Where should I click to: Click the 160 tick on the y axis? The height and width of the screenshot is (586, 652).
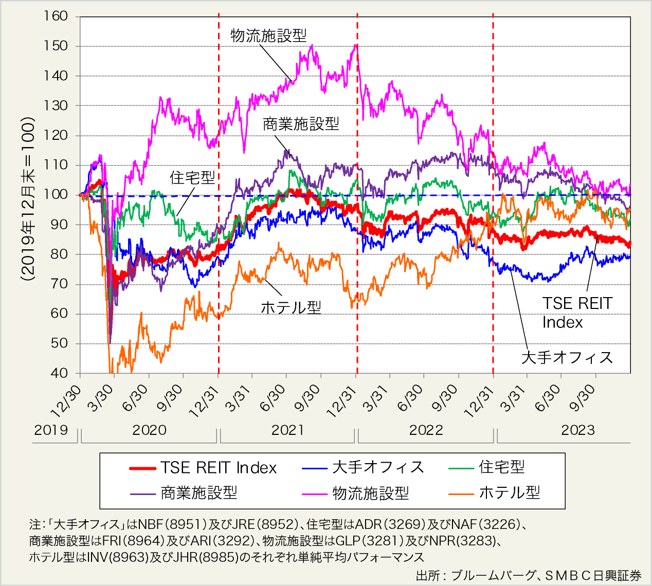pyautogui.click(x=56, y=16)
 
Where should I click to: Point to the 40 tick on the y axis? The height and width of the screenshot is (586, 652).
pyautogui.click(x=59, y=373)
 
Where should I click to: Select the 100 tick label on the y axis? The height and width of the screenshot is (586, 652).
pyautogui.click(x=56, y=195)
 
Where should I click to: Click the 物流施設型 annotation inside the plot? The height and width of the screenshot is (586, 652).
pyautogui.click(x=268, y=35)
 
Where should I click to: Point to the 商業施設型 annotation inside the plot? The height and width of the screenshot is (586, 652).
pyautogui.click(x=301, y=124)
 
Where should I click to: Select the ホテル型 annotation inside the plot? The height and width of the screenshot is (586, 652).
pyautogui.click(x=291, y=307)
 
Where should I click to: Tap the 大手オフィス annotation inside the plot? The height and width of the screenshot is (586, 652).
pyautogui.click(x=567, y=357)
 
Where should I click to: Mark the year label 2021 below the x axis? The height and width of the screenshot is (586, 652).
pyautogui.click(x=287, y=430)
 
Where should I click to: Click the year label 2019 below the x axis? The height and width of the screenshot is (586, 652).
pyautogui.click(x=51, y=430)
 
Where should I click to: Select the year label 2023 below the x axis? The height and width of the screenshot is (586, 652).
pyautogui.click(x=577, y=430)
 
